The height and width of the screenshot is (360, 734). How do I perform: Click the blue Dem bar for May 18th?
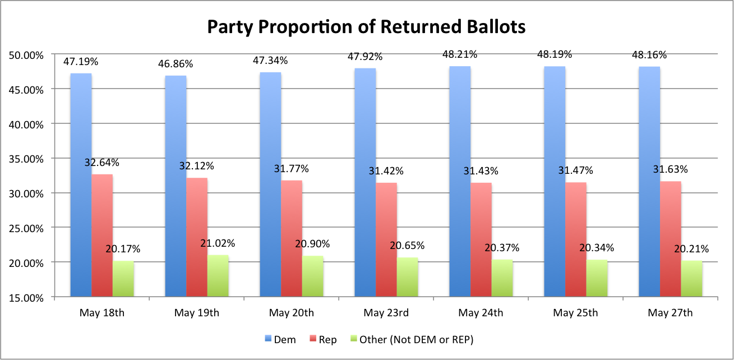point(81,185)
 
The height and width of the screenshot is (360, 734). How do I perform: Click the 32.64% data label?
point(102,163)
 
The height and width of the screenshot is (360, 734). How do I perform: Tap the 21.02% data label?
point(218,243)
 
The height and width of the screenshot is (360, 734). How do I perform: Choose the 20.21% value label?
point(691,249)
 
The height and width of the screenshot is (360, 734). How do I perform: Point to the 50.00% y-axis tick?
point(26,55)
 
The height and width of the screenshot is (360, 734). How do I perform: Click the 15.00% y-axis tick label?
point(26,297)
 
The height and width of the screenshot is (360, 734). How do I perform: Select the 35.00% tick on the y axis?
point(26,159)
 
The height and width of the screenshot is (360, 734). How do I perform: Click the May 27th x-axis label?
point(670,312)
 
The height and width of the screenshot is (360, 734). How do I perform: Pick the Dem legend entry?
point(280,340)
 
